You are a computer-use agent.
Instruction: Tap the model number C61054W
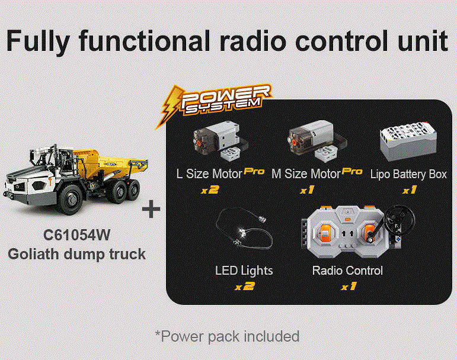[x=76, y=235]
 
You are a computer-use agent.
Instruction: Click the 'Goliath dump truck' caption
[x=76, y=254]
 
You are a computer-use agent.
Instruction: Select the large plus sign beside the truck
[x=152, y=210]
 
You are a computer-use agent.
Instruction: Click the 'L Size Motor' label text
[x=209, y=174]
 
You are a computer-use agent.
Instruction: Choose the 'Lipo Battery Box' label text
[x=408, y=174]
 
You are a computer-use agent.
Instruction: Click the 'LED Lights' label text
[x=244, y=271]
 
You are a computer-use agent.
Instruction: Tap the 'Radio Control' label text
[x=347, y=271]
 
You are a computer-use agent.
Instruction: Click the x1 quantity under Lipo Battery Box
[x=408, y=191]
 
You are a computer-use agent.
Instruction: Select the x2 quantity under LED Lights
[x=244, y=287]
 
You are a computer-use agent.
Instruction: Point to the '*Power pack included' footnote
[x=228, y=336]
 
